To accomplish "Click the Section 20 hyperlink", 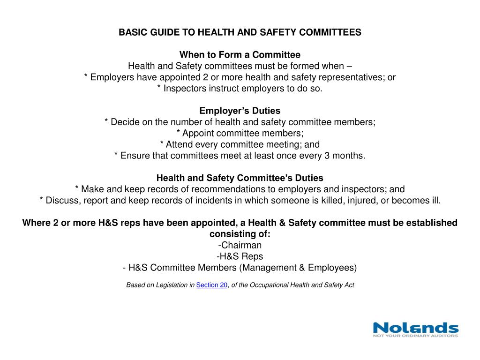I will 211,285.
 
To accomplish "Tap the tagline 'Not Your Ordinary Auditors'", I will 415,336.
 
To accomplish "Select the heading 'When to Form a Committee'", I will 240,55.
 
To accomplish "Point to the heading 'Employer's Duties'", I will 240,111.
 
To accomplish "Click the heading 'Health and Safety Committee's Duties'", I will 240,178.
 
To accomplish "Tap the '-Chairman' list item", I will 240,245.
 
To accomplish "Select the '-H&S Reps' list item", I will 240,256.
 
